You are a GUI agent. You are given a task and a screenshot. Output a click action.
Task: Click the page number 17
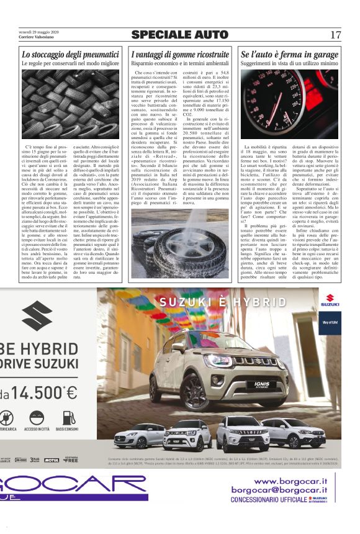(x=335, y=35)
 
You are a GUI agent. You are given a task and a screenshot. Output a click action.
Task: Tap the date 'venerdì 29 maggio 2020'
(x=38, y=32)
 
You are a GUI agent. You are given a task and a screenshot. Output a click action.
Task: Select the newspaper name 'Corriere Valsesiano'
(x=36, y=37)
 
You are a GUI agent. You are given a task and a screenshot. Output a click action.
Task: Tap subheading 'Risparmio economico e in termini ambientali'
(x=180, y=63)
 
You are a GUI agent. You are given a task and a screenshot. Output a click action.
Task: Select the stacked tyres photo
(x=70, y=104)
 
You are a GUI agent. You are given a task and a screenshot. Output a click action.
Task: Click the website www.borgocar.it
(x=289, y=481)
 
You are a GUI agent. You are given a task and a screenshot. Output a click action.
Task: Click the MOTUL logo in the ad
(x=52, y=460)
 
